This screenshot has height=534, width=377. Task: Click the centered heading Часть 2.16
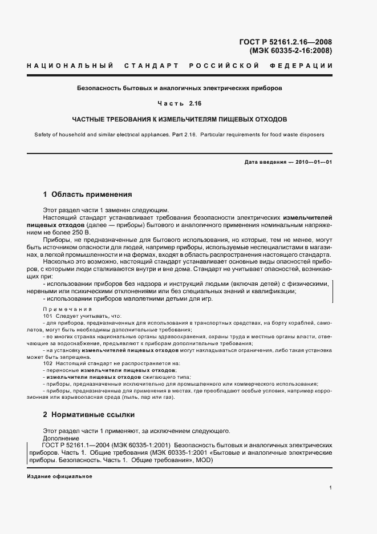[180, 104]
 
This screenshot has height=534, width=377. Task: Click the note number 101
[48, 316]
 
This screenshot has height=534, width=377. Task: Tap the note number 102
[48, 363]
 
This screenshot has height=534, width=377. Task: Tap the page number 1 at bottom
[331, 488]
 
